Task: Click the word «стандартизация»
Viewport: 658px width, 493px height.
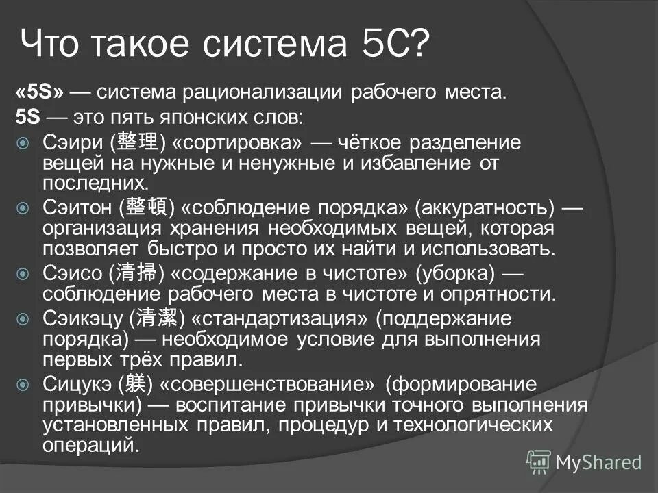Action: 279,318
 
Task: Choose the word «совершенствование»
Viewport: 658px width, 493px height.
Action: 273,383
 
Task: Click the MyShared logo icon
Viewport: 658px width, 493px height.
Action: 538,462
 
